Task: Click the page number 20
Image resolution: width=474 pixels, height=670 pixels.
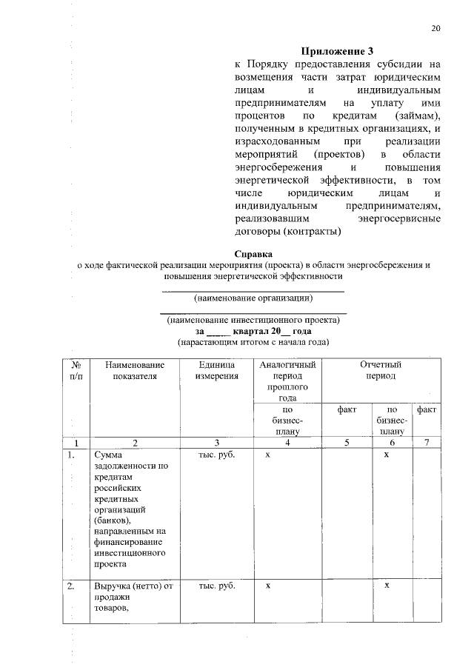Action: (x=435, y=29)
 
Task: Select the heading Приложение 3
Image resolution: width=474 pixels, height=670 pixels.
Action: (x=338, y=51)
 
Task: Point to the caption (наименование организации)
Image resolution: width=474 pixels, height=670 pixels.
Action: (x=253, y=298)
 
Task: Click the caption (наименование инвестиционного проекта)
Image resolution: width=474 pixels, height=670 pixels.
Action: (x=253, y=321)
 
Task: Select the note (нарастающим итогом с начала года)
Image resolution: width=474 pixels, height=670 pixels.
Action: (x=253, y=343)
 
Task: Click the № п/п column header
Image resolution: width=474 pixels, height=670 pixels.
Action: (x=76, y=370)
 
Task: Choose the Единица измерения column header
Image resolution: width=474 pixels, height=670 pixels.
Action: (x=217, y=370)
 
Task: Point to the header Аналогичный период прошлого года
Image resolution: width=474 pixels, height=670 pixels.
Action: (x=287, y=381)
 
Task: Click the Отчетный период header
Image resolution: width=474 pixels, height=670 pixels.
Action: (x=380, y=370)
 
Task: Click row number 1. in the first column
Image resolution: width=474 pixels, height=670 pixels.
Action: (x=72, y=455)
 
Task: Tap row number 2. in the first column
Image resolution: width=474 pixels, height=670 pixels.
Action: (x=72, y=586)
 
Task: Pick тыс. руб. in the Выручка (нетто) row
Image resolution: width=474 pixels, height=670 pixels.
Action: (x=217, y=586)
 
